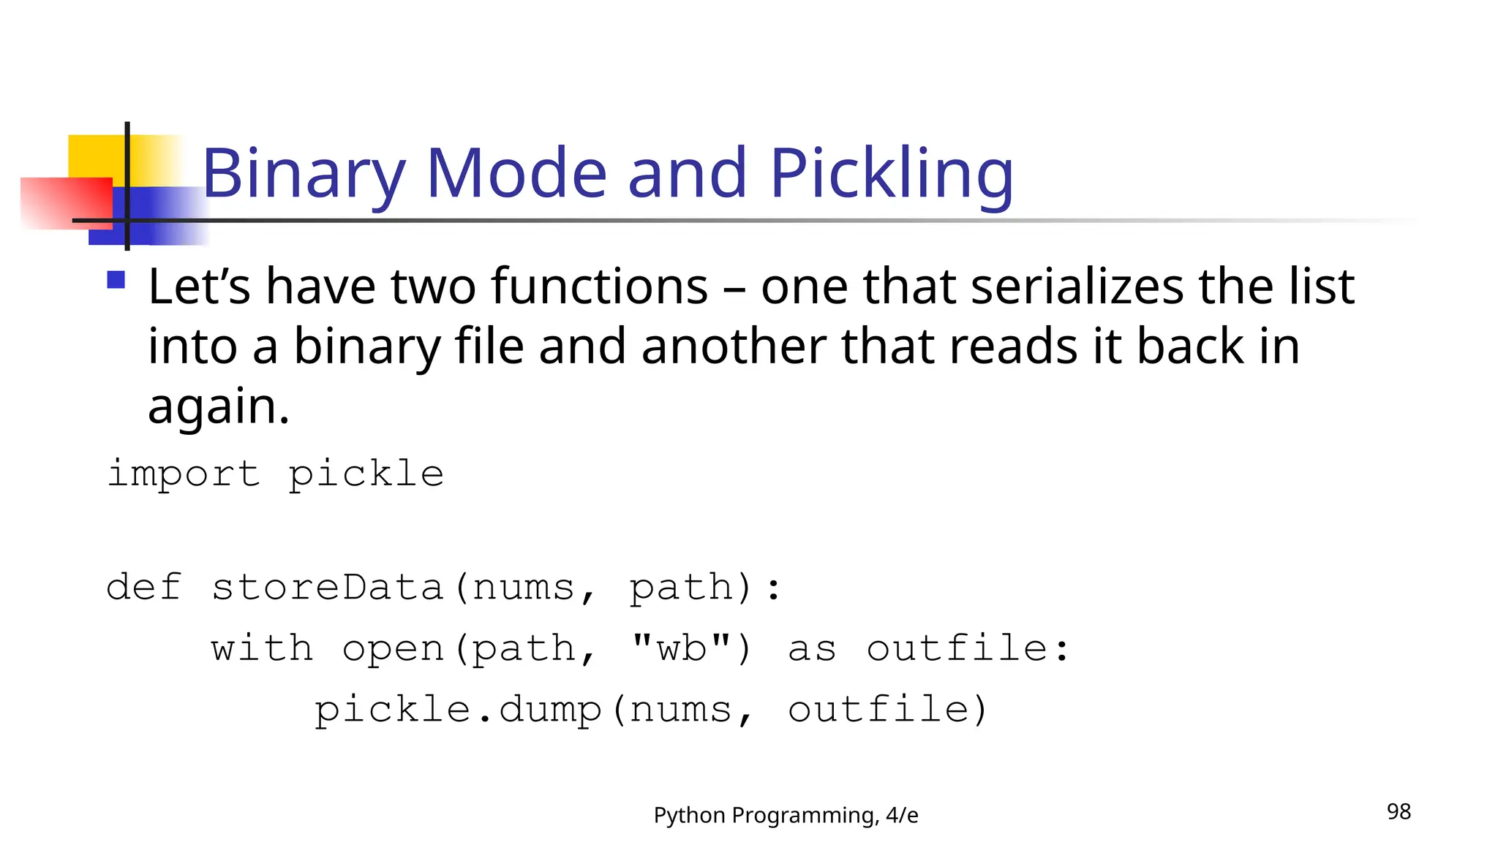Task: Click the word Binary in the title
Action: pos(303,174)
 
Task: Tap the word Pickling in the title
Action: pos(891,174)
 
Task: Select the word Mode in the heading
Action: pos(516,174)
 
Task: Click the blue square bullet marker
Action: pos(116,280)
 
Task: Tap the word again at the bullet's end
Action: pos(218,406)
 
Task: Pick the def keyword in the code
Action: pos(143,588)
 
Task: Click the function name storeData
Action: pos(328,588)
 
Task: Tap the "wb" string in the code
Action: pos(682,648)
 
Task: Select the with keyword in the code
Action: pos(262,648)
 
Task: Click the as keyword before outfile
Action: pos(812,648)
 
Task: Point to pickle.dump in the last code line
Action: pos(458,710)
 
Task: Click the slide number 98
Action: pos(1399,811)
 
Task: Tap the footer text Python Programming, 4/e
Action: pos(786,815)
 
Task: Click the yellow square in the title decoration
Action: pos(95,155)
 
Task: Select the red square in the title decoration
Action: pos(66,203)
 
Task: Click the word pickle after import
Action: pos(366,474)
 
